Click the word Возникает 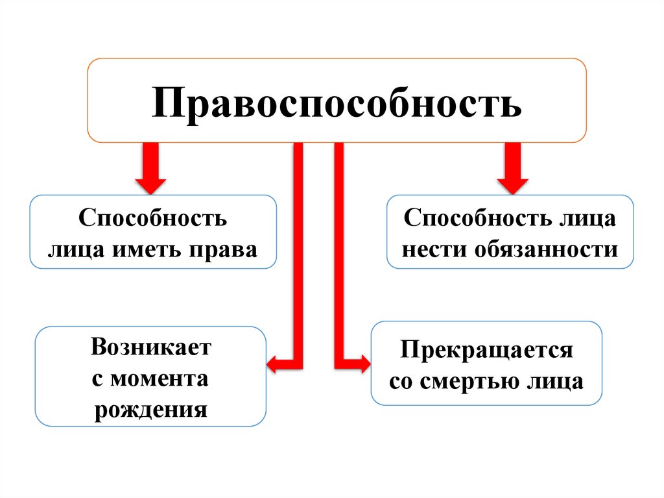tap(151, 347)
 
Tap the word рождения tap(151, 410)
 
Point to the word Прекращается tap(486, 350)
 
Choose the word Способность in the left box tap(153, 218)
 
